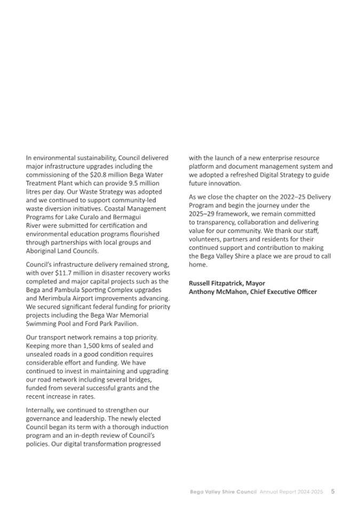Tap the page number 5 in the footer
(332, 491)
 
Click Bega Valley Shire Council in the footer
(224, 491)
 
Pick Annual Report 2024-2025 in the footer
(292, 491)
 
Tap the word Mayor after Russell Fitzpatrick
(254, 283)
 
